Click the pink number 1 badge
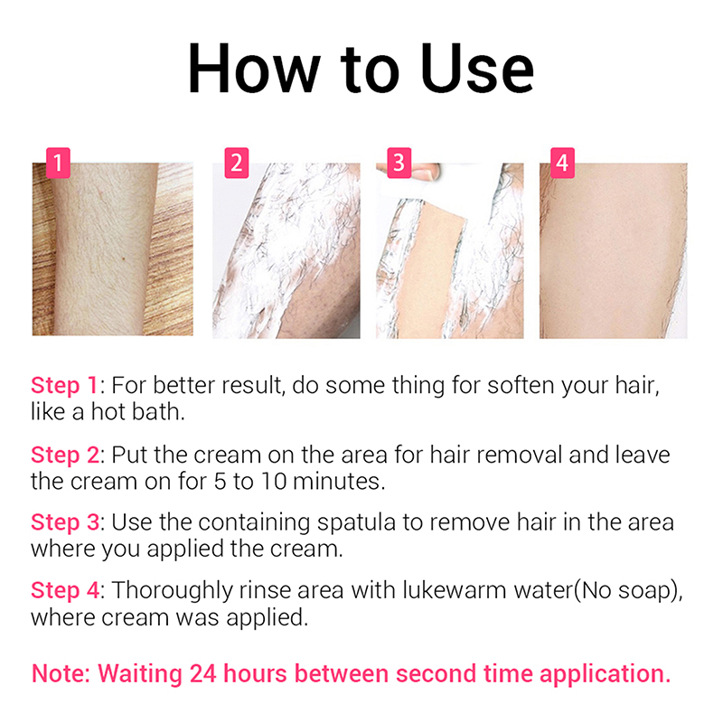[x=58, y=163]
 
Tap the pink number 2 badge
[x=237, y=163]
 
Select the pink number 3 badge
[x=399, y=163]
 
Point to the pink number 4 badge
[x=562, y=163]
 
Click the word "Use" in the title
[x=477, y=70]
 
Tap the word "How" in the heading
[x=254, y=70]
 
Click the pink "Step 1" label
[x=64, y=386]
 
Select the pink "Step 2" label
[x=65, y=455]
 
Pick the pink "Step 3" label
[x=65, y=523]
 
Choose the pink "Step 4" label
[x=65, y=591]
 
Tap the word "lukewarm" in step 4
[x=455, y=591]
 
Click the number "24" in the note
[x=202, y=673]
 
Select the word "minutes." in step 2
[x=339, y=482]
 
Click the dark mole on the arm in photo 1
[x=124, y=259]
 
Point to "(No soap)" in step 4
[x=627, y=592]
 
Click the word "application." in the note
[x=605, y=674]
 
